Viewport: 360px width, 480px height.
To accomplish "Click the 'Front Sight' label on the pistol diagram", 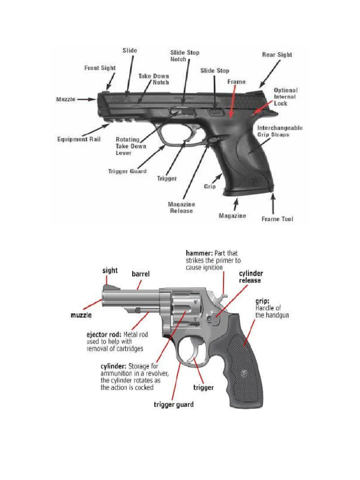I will pos(99,68).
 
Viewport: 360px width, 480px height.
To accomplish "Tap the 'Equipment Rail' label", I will pos(79,139).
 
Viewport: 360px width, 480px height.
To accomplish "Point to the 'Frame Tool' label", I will pos(277,219).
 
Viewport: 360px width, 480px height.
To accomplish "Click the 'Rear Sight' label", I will pos(277,55).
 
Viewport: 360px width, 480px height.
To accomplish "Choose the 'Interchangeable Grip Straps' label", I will pos(280,131).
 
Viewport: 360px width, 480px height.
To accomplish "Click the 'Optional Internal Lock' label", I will pos(285,97).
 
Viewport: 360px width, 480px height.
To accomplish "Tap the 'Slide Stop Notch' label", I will pos(184,56).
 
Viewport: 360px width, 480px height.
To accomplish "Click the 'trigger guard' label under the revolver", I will pos(174,404).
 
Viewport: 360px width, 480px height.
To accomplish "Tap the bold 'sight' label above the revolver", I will pos(110,270).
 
